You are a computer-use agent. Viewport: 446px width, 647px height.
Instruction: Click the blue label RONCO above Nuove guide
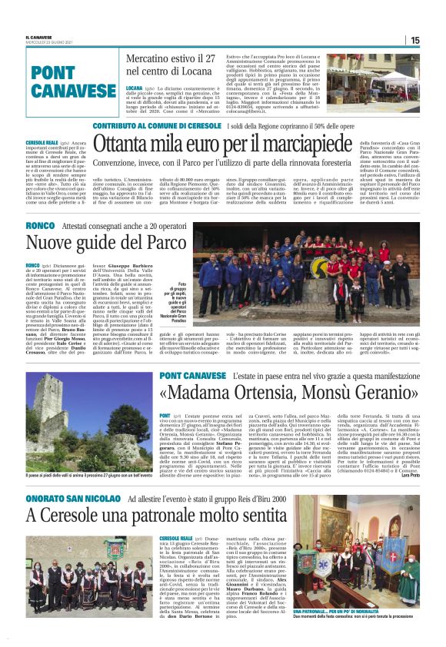(x=39, y=227)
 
